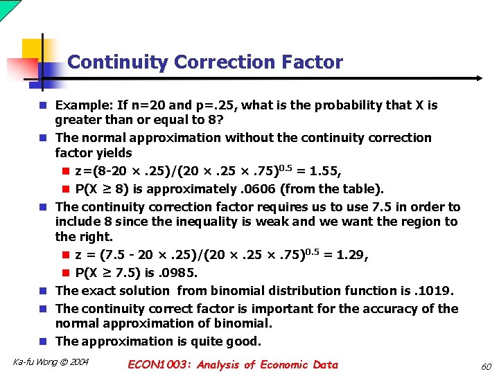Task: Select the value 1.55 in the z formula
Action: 333,171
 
